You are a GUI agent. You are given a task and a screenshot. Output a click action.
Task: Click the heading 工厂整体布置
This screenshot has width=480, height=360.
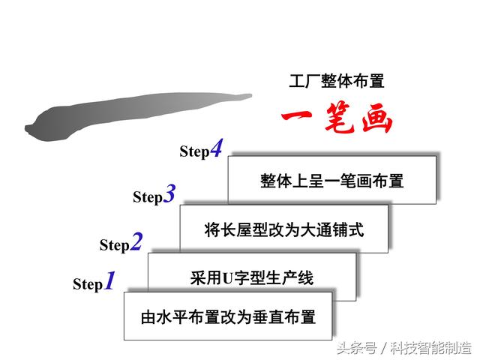(337, 82)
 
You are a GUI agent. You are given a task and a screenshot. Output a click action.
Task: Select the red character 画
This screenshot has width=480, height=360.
(376, 118)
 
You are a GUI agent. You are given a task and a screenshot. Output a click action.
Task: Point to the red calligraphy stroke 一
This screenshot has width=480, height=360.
(296, 115)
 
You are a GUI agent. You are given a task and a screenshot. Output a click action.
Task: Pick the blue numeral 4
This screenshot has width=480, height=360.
(217, 148)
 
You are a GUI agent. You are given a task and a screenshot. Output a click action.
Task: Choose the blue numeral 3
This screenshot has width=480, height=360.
(169, 193)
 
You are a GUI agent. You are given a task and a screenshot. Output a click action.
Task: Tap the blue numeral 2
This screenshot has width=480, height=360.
(136, 241)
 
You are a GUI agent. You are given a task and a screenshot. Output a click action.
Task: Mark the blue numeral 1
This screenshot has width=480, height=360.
(109, 280)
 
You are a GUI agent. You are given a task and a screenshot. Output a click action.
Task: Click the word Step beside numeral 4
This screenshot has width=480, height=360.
(194, 151)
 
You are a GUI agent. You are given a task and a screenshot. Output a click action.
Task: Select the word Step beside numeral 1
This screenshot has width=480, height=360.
(88, 284)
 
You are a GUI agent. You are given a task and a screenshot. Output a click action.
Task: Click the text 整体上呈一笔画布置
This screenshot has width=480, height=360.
(331, 181)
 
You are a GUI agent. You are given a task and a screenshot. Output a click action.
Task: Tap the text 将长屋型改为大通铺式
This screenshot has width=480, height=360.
(283, 229)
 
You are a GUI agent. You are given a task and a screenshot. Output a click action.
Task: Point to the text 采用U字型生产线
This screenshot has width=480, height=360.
(252, 278)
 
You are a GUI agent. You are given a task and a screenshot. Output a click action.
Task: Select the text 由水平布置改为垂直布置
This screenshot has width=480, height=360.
(228, 316)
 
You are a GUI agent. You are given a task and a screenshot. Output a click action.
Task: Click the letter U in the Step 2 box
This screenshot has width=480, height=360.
(228, 278)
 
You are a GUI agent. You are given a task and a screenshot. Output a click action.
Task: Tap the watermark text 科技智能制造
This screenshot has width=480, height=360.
(430, 348)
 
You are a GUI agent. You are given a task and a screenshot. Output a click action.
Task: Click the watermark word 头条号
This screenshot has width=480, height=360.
(357, 348)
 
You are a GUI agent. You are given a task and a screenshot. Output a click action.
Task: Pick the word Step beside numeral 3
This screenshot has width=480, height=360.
(148, 196)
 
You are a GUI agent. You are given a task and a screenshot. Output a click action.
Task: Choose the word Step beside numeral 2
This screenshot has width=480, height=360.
(115, 245)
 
